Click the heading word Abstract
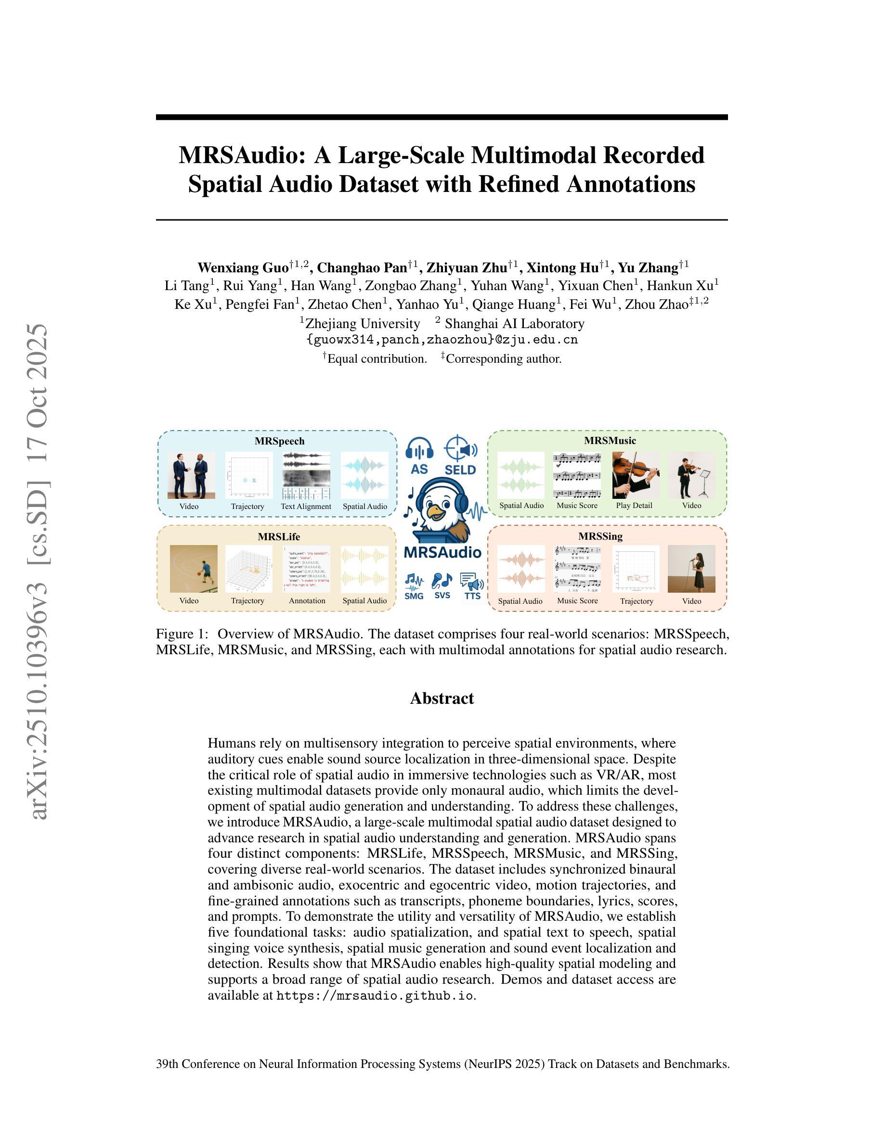click(442, 698)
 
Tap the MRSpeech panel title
click(279, 441)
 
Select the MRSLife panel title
click(279, 536)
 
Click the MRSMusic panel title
click(610, 441)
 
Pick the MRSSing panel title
click(608, 536)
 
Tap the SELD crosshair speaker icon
click(460, 449)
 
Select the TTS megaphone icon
click(472, 582)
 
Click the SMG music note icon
click(414, 581)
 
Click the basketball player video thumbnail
click(193, 569)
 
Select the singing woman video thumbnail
click(691, 569)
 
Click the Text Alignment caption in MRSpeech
click(306, 507)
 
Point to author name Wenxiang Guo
click(243, 268)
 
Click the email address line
click(442, 340)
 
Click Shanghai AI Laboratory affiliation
click(514, 323)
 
